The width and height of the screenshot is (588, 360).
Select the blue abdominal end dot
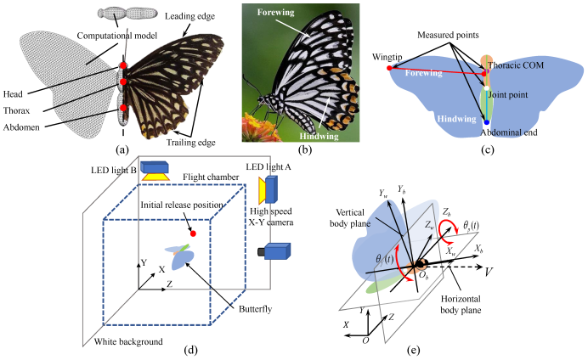[486, 123]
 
